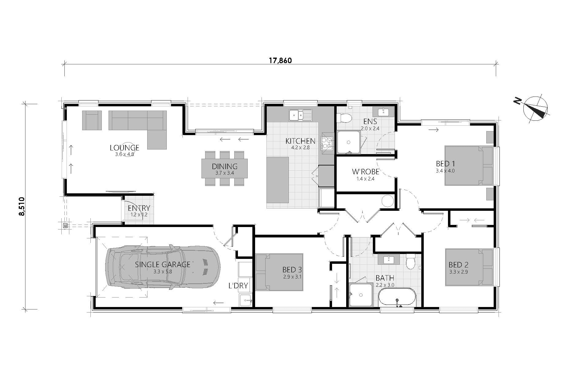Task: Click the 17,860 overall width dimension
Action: tap(280, 60)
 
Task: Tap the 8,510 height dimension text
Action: tap(22, 206)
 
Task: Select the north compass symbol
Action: tap(535, 110)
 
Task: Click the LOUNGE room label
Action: tap(124, 148)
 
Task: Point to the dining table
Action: tap(225, 168)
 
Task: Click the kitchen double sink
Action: tap(300, 115)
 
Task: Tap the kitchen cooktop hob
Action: tap(327, 143)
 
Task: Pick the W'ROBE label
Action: tap(365, 172)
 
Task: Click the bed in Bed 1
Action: tap(469, 165)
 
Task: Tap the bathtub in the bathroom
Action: tap(397, 297)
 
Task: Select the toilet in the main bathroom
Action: tap(410, 261)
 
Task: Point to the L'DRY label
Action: tap(238, 286)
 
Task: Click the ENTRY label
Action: tap(139, 208)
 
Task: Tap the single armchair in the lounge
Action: tap(92, 120)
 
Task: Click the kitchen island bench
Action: tap(277, 180)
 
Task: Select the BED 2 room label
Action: tap(458, 265)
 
